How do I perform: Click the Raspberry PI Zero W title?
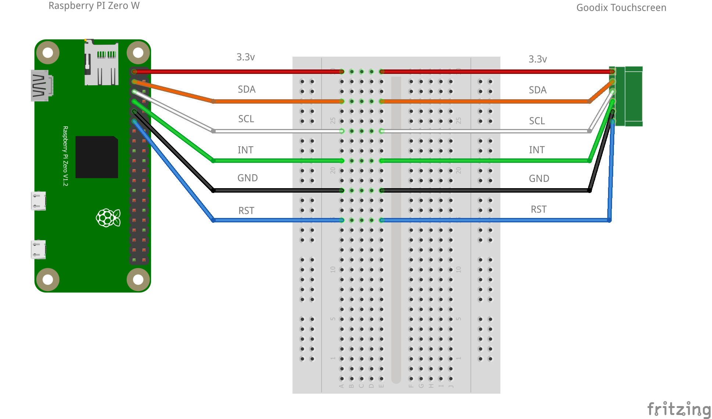[x=94, y=6]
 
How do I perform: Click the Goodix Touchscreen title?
[x=621, y=8]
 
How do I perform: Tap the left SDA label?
[x=247, y=89]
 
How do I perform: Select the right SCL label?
[x=537, y=121]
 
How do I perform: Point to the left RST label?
[x=246, y=211]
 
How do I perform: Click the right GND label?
[x=539, y=179]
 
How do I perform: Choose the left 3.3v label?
[x=245, y=57]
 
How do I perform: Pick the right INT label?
[x=537, y=150]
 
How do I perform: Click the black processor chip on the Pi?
[x=97, y=157]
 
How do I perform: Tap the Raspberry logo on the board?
[x=108, y=218]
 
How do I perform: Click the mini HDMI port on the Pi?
[x=41, y=85]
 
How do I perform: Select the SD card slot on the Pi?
[x=101, y=62]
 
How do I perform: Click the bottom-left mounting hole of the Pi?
[x=48, y=279]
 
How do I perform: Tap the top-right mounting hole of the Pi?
[x=138, y=53]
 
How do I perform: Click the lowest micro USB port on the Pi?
[x=39, y=250]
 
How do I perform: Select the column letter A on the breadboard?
[x=341, y=386]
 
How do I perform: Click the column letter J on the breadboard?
[x=451, y=386]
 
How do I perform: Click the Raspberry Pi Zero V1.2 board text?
[x=65, y=156]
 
